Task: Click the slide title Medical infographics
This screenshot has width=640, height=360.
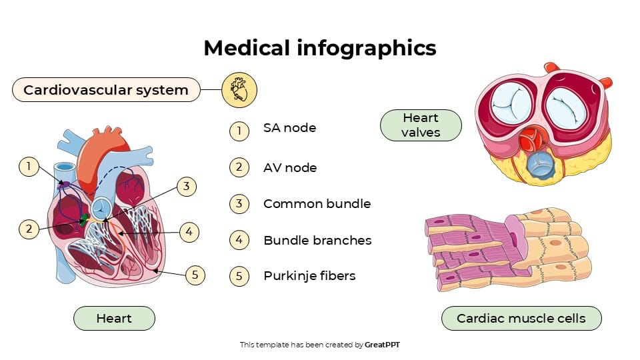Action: (319, 48)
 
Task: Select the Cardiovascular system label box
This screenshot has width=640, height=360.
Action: (106, 89)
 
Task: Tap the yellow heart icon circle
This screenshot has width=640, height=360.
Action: (239, 89)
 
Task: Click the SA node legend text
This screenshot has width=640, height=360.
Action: (289, 128)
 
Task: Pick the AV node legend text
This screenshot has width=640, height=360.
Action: (289, 167)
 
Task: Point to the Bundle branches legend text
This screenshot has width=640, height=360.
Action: (317, 240)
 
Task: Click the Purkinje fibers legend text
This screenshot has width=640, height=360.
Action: (309, 276)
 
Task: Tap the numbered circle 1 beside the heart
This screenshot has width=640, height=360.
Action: (28, 167)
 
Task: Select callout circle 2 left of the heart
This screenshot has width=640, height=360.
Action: (28, 229)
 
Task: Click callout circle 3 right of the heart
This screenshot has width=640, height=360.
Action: (187, 187)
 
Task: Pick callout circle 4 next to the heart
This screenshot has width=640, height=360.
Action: (189, 232)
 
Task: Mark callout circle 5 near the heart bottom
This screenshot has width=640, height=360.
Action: (195, 275)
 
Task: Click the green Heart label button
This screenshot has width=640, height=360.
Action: (114, 319)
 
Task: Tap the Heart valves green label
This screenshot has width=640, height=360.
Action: (421, 125)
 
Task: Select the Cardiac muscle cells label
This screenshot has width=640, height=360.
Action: (521, 319)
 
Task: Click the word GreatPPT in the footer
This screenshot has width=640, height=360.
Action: (382, 345)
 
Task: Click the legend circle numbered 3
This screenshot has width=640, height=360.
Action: (239, 204)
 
